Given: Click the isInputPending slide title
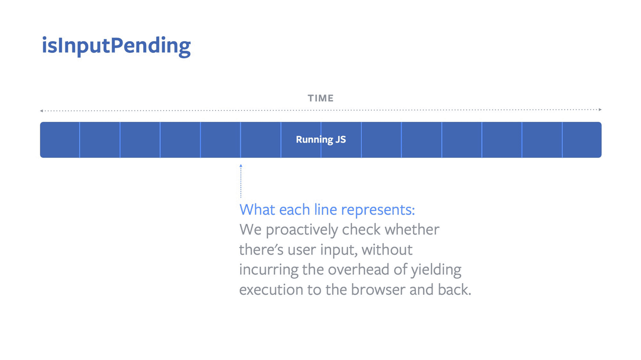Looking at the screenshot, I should (x=116, y=46).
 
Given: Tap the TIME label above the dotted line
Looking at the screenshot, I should (x=320, y=98).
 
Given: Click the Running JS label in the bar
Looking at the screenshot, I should (x=320, y=140).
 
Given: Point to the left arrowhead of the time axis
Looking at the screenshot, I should (x=42, y=110).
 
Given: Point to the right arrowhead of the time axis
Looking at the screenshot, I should (x=600, y=109).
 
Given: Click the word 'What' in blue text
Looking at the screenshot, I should (x=257, y=209).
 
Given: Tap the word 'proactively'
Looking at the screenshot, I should (x=302, y=230).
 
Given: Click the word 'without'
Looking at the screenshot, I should (x=387, y=250).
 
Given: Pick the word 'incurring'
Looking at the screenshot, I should (x=269, y=270).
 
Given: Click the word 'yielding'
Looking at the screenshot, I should (x=436, y=270).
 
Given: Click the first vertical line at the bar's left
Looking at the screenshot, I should (x=80, y=140).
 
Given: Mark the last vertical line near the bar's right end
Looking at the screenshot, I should (x=562, y=140).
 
